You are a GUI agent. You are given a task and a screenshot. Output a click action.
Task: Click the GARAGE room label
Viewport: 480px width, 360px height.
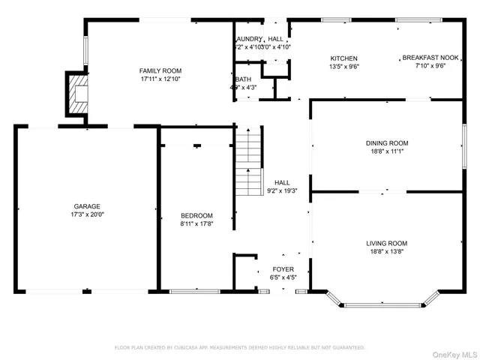tap(86, 206)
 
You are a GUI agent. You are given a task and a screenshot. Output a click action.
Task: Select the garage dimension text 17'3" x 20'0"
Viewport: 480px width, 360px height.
tap(86, 214)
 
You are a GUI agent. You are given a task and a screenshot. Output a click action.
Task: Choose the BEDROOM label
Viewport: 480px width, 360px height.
tap(196, 215)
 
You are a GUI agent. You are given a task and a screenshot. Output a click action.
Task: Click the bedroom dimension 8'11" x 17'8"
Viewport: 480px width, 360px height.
tap(196, 223)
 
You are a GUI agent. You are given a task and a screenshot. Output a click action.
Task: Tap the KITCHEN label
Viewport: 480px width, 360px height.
tap(344, 58)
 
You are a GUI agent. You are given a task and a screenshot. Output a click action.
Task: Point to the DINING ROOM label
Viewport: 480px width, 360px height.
tap(386, 142)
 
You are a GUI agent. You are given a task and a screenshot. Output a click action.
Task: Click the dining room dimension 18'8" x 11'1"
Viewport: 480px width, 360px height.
tap(386, 151)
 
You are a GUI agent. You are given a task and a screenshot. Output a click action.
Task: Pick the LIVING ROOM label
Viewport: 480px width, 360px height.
tap(386, 243)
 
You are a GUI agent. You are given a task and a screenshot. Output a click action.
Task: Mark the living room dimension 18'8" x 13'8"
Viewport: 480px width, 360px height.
tap(386, 251)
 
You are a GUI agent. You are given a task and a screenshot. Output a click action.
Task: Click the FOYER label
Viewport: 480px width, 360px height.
tap(283, 268)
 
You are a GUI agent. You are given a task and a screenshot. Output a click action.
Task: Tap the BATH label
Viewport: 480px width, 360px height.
tap(243, 79)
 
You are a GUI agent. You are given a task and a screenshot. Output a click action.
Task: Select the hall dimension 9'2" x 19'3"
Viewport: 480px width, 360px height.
tap(282, 190)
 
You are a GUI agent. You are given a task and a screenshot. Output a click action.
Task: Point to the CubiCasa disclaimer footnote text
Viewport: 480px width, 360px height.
tap(239, 348)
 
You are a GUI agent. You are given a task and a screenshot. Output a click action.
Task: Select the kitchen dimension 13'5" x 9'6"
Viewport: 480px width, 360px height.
tap(344, 66)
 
